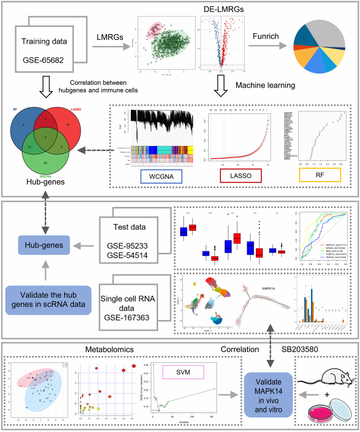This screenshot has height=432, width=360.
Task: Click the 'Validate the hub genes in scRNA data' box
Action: click(x=49, y=300)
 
